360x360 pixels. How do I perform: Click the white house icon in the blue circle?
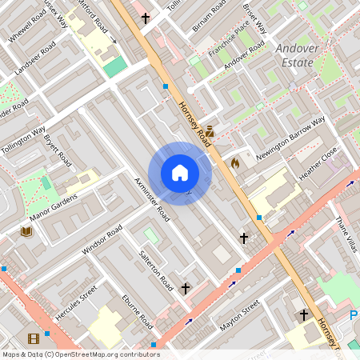pyautogui.click(x=180, y=173)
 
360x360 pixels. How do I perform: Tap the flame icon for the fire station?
pyautogui.click(x=235, y=162)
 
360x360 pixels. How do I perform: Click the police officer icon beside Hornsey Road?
pyautogui.click(x=210, y=130)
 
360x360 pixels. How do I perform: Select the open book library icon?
pyautogui.click(x=26, y=231)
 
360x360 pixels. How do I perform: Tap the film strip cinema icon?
pyautogui.click(x=33, y=339)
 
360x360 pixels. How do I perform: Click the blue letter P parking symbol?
pyautogui.click(x=354, y=316)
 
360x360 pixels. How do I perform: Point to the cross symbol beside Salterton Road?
pyautogui.click(x=186, y=288)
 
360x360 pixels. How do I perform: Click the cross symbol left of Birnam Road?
pyautogui.click(x=146, y=17)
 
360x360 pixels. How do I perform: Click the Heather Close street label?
pyautogui.click(x=318, y=164)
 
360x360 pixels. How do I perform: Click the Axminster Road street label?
pyautogui.click(x=152, y=199)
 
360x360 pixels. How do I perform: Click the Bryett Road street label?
pyautogui.click(x=58, y=151)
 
